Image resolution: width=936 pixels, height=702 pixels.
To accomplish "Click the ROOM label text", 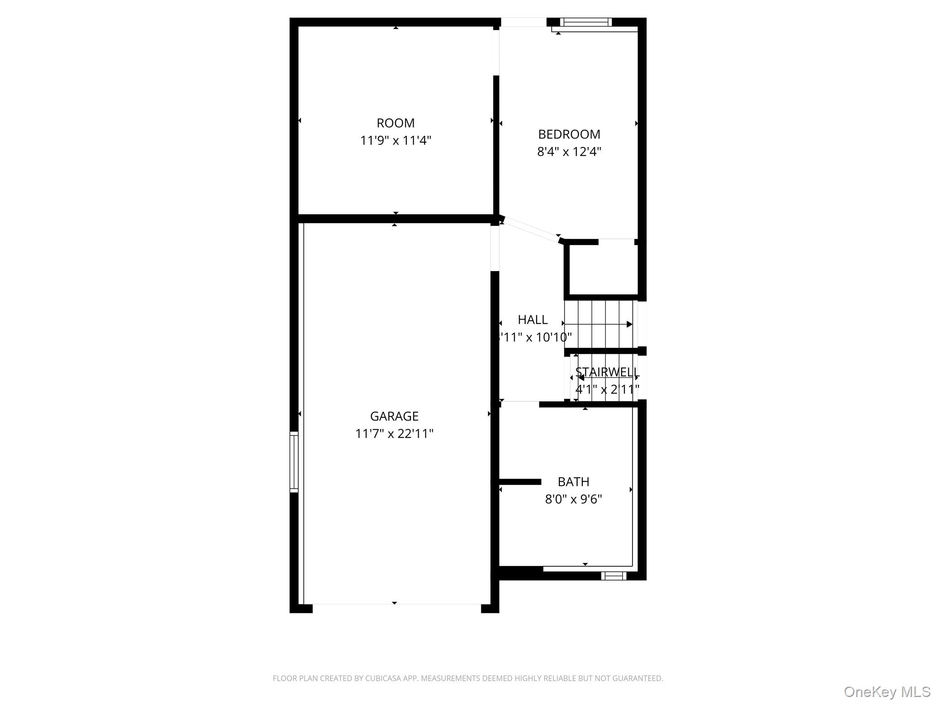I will (x=395, y=123).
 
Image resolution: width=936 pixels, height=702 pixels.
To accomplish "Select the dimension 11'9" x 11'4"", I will (x=395, y=140).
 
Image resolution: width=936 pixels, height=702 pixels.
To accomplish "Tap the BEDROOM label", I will (x=569, y=134).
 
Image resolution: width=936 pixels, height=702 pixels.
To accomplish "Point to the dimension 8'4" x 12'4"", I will (x=569, y=152).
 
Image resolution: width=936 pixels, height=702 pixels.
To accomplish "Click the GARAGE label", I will (x=394, y=416).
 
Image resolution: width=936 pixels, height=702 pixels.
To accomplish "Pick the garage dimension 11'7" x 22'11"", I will (x=394, y=434).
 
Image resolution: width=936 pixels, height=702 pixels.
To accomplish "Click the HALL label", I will (x=532, y=320).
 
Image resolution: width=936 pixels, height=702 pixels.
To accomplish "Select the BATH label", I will (x=573, y=482).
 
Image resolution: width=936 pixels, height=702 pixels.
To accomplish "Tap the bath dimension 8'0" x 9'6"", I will (x=573, y=499).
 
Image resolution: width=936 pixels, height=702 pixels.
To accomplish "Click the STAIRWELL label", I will (x=606, y=372).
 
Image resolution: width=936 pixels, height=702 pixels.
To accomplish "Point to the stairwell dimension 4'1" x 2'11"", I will (x=606, y=389).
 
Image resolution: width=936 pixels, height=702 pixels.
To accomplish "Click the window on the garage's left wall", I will (x=294, y=462).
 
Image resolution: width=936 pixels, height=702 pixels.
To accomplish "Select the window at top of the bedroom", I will (x=585, y=22).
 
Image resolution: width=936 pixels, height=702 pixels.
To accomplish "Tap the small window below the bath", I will (x=613, y=576).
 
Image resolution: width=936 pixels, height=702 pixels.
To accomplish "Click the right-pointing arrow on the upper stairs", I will (x=629, y=324).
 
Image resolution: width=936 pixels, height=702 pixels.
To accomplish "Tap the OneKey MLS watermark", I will (x=887, y=691).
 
